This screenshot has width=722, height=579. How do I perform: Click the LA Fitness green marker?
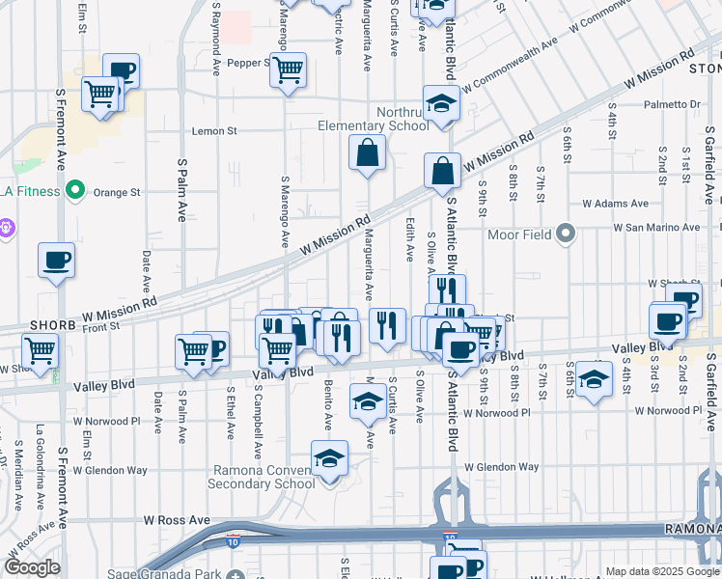pos(72,191)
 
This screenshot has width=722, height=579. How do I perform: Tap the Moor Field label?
pos(522,234)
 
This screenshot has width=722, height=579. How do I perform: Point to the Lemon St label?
pos(214,131)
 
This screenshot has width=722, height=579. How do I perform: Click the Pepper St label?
pos(247,64)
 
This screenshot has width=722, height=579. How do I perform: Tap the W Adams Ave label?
pos(609,205)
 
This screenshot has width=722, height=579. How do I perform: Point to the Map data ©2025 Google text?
pos(660,571)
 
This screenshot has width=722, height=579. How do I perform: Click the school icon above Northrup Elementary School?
pos(441,103)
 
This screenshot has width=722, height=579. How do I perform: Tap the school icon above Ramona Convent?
pos(329,458)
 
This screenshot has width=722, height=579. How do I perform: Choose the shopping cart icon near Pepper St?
pos(288,70)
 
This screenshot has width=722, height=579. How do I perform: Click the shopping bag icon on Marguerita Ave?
pos(367,152)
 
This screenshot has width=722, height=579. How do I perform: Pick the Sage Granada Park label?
pos(170,574)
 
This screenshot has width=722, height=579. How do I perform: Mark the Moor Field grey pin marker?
pos(566,234)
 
